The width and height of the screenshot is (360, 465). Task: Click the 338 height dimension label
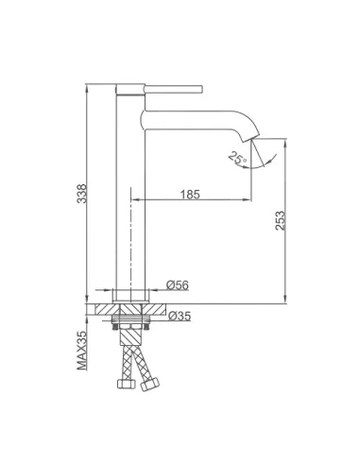point(82,194)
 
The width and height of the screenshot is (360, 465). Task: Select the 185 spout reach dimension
point(190,195)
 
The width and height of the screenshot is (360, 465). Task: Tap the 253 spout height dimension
point(280,220)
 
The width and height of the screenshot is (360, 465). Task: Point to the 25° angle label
point(237,158)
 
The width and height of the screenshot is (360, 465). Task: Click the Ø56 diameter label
point(178,285)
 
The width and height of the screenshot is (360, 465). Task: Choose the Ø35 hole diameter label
point(180,316)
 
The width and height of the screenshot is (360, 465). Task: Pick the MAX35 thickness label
point(82,350)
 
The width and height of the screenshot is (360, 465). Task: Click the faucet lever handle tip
point(200,89)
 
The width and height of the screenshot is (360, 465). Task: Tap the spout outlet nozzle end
point(251,139)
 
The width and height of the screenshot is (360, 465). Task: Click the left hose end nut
point(126,384)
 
